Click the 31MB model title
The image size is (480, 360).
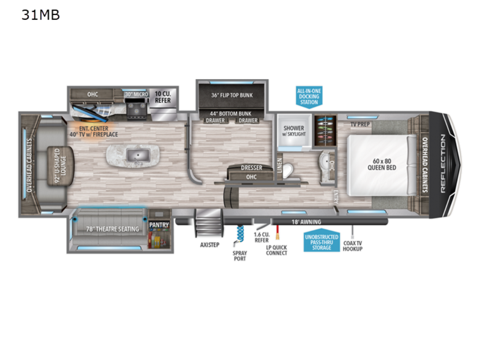click(40, 15)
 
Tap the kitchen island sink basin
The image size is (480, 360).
click(138, 155)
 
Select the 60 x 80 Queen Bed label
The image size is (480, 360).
click(382, 164)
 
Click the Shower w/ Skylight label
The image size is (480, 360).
click(294, 131)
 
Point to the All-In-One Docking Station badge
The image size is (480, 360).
click(309, 97)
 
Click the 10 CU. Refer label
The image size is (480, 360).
click(163, 97)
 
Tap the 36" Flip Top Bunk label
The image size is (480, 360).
click(232, 95)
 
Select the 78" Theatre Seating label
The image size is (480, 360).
click(112, 229)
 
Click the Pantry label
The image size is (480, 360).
click(159, 225)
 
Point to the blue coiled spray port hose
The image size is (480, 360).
click(240, 234)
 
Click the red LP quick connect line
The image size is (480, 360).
click(277, 232)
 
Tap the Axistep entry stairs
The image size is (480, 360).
click(209, 223)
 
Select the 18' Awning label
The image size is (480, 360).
click(306, 222)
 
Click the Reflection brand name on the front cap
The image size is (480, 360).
click(443, 164)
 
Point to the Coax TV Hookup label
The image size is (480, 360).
click(352, 246)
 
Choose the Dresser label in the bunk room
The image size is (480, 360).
click(251, 168)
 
